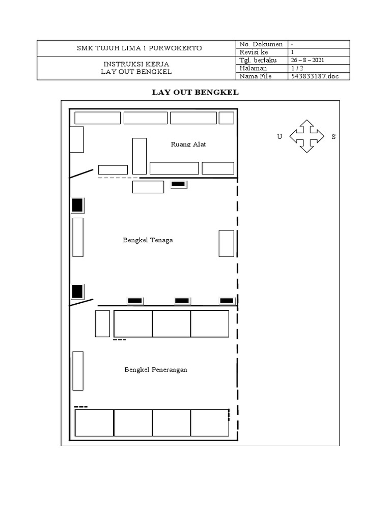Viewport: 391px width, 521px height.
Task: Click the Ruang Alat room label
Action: point(188,144)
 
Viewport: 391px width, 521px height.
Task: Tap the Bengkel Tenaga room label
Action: point(148,240)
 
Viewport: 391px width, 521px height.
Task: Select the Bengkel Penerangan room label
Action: point(156,370)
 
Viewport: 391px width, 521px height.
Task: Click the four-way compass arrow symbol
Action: point(306,136)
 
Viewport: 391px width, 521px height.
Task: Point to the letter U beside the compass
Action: point(280,137)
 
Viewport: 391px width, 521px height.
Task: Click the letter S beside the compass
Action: point(333,137)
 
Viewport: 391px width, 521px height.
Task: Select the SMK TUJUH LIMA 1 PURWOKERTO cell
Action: point(136,48)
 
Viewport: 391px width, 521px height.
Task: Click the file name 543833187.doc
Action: point(314,76)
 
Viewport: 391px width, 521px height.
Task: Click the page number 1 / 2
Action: point(297,68)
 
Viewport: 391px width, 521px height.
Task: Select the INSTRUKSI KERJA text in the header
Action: point(136,64)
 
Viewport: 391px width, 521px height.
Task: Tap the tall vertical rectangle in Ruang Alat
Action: point(139,156)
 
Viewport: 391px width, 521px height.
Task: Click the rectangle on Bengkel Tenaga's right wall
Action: point(227,243)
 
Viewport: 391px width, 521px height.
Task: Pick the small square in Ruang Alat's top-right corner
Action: point(227,118)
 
